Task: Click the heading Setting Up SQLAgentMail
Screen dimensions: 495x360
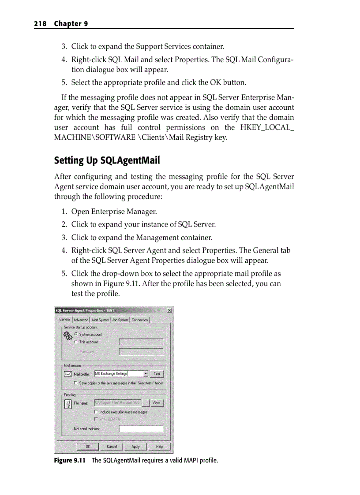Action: pyautogui.click(x=107, y=160)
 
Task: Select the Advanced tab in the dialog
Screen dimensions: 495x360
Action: pyautogui.click(x=81, y=320)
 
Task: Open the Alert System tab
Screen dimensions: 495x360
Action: pyautogui.click(x=100, y=320)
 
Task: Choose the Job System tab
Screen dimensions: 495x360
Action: pyautogui.click(x=120, y=320)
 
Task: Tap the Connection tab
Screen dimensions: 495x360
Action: pyautogui.click(x=140, y=320)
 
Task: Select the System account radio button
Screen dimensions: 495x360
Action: pyautogui.click(x=76, y=335)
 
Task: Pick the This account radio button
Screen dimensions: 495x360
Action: pyautogui.click(x=76, y=342)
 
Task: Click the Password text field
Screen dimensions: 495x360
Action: pyautogui.click(x=141, y=352)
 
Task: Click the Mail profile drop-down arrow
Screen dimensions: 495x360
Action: pyautogui.click(x=146, y=374)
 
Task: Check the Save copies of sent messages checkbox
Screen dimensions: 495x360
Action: pyautogui.click(x=76, y=383)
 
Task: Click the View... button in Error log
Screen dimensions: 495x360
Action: pyautogui.click(x=157, y=403)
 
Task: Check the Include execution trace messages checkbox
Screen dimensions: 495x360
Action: pyautogui.click(x=96, y=412)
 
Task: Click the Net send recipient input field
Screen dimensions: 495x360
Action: pyautogui.click(x=141, y=428)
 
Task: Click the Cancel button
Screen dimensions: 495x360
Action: pyautogui.click(x=112, y=447)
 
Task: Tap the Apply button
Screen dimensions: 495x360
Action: pyautogui.click(x=136, y=447)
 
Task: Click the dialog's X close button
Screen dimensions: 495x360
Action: pyautogui.click(x=169, y=310)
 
